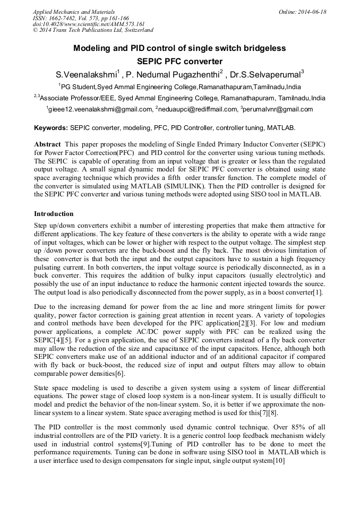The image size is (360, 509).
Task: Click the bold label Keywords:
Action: pyautogui.click(x=51, y=128)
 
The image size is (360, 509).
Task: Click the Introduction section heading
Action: pyautogui.click(x=54, y=214)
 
